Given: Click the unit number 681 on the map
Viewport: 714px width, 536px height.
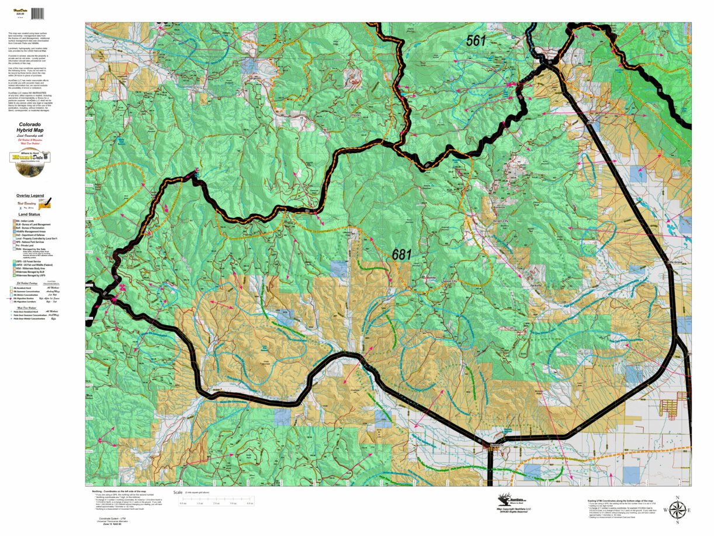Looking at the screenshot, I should (402, 255).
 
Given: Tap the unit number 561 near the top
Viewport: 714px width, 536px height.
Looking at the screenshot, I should (476, 40).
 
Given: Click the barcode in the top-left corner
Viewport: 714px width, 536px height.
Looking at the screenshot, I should (38, 13).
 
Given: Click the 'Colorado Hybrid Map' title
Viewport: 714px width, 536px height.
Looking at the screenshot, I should (29, 130).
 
